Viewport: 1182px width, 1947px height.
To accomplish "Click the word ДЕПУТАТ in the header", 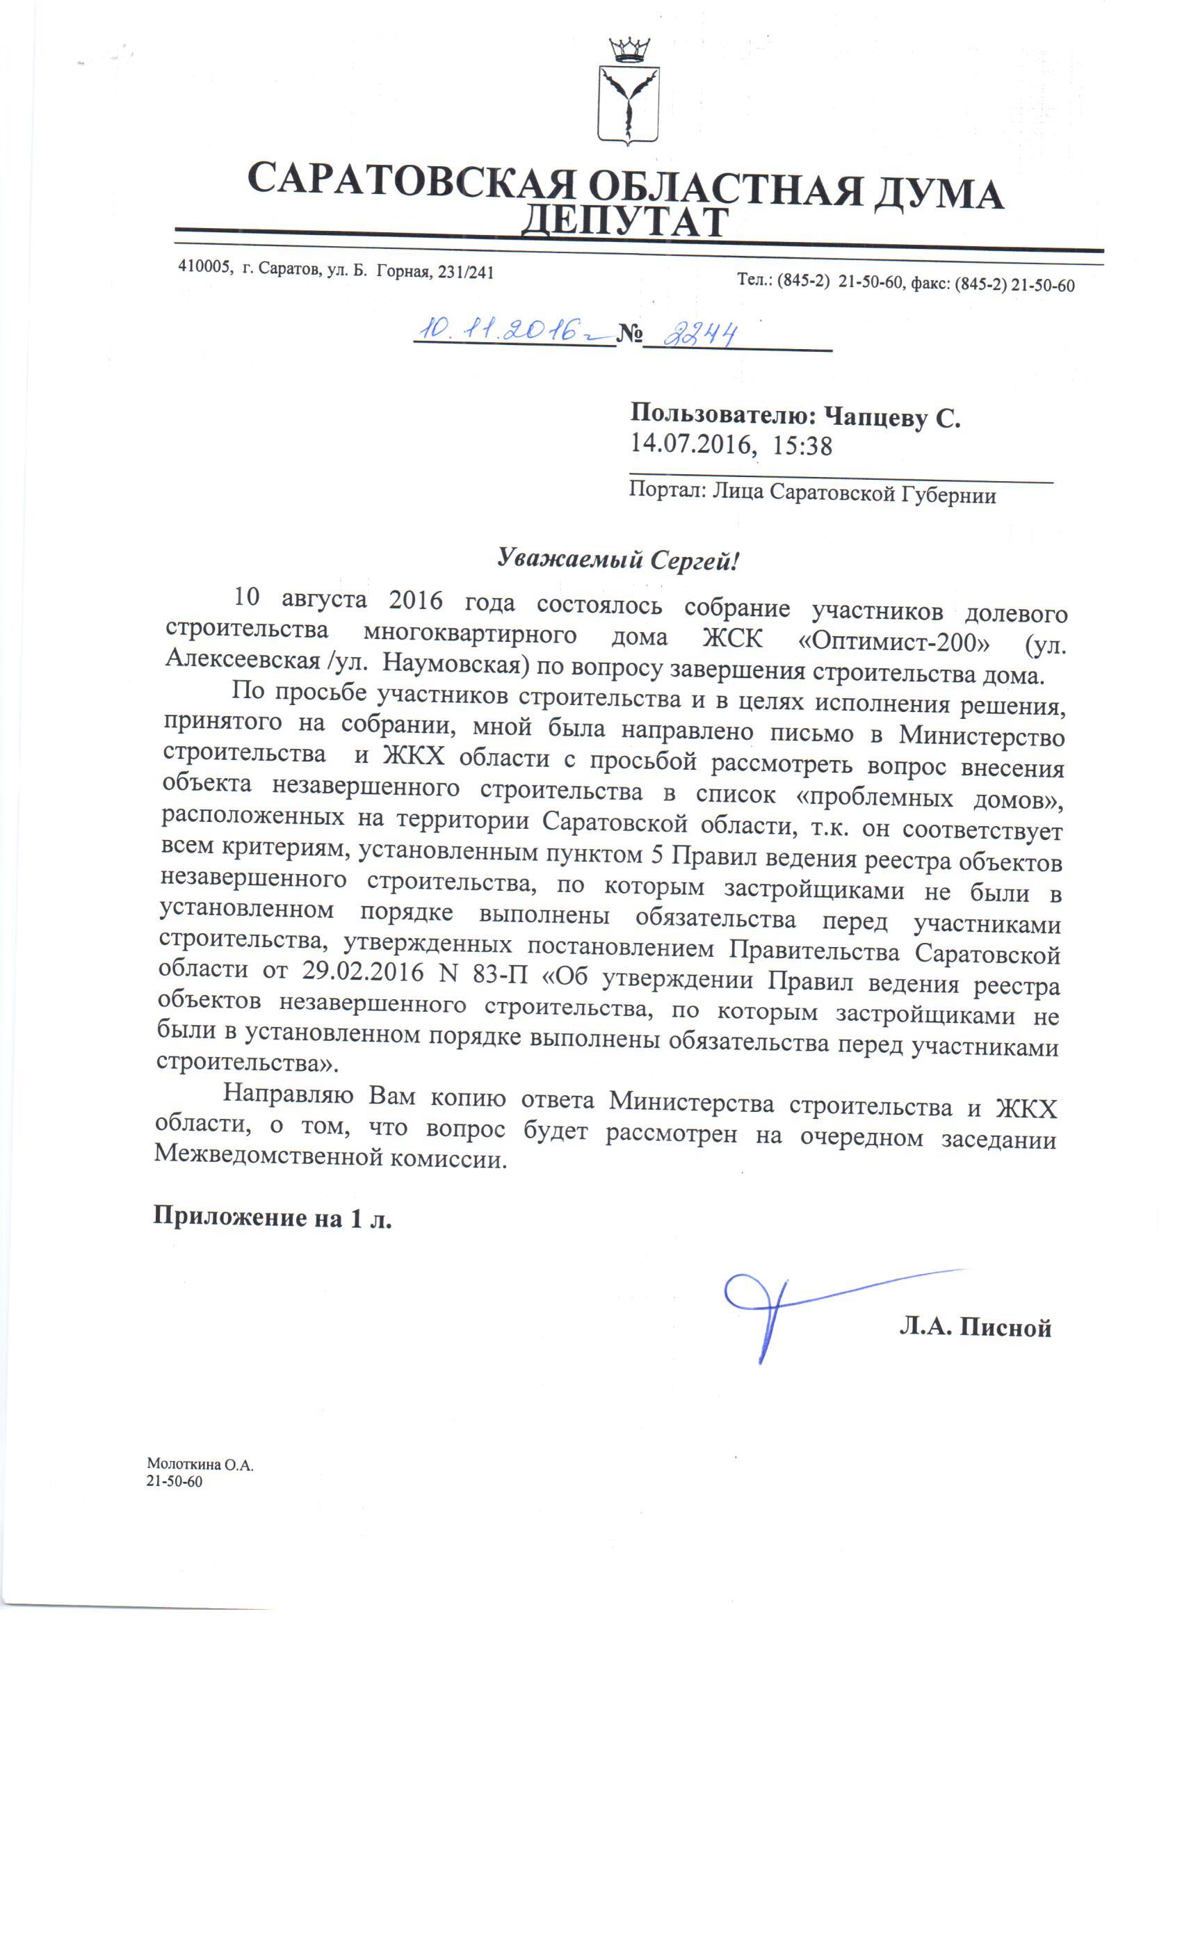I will (624, 224).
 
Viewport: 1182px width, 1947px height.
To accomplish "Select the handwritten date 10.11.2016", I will (505, 330).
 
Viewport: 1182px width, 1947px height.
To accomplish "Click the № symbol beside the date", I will (629, 334).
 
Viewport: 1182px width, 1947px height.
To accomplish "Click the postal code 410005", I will (204, 267).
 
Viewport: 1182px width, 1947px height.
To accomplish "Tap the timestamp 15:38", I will (802, 446).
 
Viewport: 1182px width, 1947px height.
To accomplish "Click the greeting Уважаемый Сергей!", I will (618, 560).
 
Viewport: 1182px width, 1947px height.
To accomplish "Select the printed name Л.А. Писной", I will (975, 1327).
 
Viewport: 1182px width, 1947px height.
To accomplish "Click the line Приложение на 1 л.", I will (273, 1218).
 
